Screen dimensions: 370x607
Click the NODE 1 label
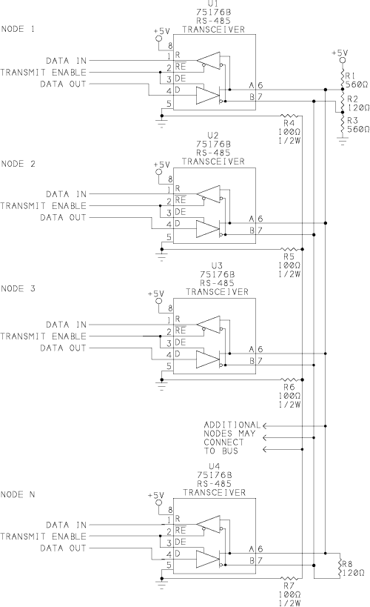tap(18, 29)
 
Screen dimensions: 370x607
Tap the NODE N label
tap(18, 494)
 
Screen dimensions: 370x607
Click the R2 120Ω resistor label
tap(357, 103)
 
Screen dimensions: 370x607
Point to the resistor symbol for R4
tap(289, 116)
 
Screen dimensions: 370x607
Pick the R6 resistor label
tap(289, 387)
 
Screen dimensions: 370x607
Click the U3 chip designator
tap(217, 266)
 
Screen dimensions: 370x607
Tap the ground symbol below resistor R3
tap(342, 140)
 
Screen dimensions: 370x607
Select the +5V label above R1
tap(340, 53)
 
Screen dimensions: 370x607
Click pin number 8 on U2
tap(169, 179)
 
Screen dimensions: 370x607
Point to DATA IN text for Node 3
tap(66, 325)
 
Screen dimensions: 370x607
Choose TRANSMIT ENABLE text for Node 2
tap(44, 205)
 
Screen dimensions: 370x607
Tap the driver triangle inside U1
tap(208, 96)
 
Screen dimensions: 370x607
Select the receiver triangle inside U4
tap(208, 525)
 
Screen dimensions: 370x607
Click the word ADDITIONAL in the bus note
tap(232, 425)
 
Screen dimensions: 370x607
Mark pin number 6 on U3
tap(260, 349)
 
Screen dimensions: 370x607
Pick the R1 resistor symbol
tap(342, 79)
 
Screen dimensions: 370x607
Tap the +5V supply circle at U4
tap(158, 502)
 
